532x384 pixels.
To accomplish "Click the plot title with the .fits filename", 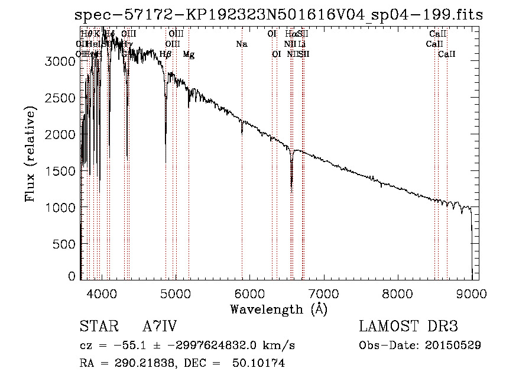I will point(280,15).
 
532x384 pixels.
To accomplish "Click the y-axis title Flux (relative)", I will point(30,154).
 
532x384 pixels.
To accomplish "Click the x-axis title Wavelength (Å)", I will point(279,309).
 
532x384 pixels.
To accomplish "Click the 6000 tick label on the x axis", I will point(249,292).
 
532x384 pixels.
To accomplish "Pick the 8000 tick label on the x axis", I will point(397,292).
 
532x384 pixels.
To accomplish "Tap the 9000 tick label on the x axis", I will point(471,292).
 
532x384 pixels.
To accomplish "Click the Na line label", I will point(241,44).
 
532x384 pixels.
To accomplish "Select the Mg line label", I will point(189,54).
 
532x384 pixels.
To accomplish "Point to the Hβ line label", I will point(166,54).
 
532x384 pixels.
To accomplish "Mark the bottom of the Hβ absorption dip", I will point(166,161).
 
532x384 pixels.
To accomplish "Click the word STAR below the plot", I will point(96,327).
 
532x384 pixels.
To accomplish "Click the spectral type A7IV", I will point(160,327).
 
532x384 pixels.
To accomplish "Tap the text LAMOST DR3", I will point(408,327).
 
